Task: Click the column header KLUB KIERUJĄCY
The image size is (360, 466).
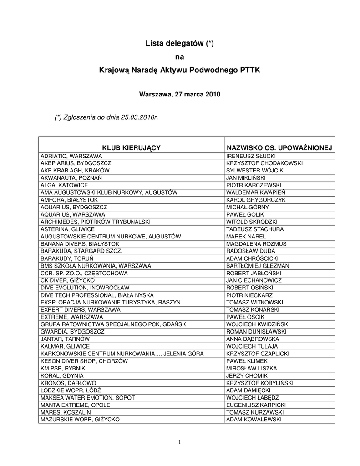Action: click(x=131, y=148)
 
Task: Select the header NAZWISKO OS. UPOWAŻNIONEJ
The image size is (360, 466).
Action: click(x=279, y=148)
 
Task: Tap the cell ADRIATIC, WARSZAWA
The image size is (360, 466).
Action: click(x=71, y=156)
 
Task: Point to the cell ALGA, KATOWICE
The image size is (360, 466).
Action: click(x=64, y=185)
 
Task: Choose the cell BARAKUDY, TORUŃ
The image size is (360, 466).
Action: click(x=65, y=258)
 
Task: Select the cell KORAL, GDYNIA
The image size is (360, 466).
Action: click(x=62, y=375)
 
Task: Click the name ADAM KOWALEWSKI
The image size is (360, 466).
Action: click(x=254, y=419)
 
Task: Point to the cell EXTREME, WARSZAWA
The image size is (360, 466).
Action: click(x=71, y=317)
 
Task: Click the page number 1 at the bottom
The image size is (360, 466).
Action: click(x=180, y=441)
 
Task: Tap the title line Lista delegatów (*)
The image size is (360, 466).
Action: click(x=179, y=44)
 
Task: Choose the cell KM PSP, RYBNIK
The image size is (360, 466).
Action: click(x=63, y=368)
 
